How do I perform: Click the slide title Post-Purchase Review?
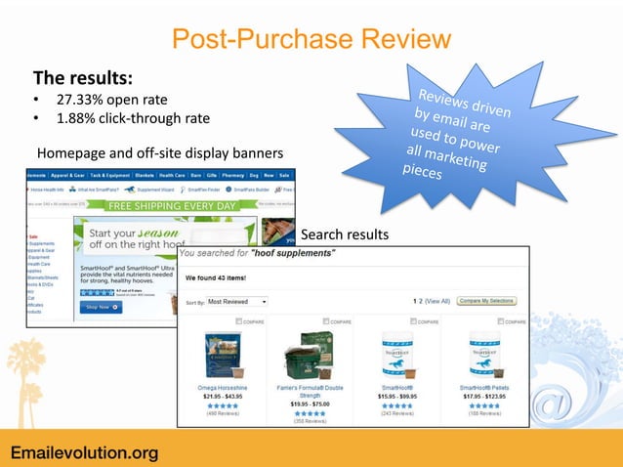coord(311,39)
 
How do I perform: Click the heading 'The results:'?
coord(83,77)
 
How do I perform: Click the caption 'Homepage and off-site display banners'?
coord(159,153)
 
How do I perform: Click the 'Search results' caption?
coord(345,235)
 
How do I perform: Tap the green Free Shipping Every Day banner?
coord(172,207)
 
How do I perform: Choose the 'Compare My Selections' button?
coord(487,302)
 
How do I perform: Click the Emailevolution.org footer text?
coord(84,451)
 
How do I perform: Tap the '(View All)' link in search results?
coord(436,302)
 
